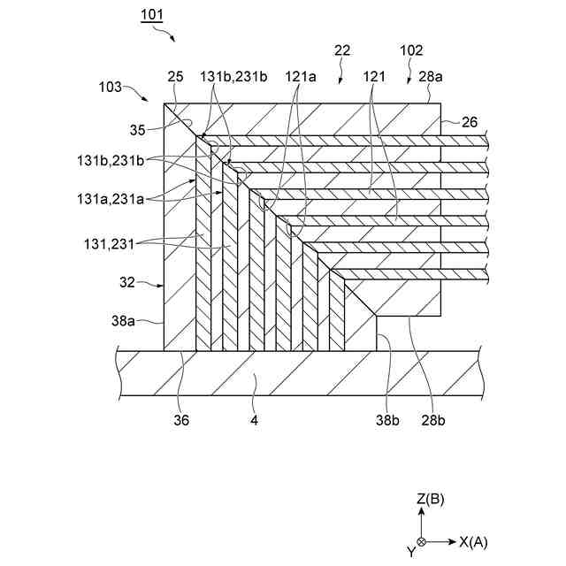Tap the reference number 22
tap(342, 52)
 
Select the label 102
tap(412, 51)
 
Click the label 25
tap(175, 78)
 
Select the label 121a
tap(301, 78)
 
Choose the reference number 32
tap(127, 284)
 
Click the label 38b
tap(388, 421)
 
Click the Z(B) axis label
tap(430, 500)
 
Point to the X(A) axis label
tap(473, 541)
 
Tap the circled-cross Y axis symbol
tap(421, 541)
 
